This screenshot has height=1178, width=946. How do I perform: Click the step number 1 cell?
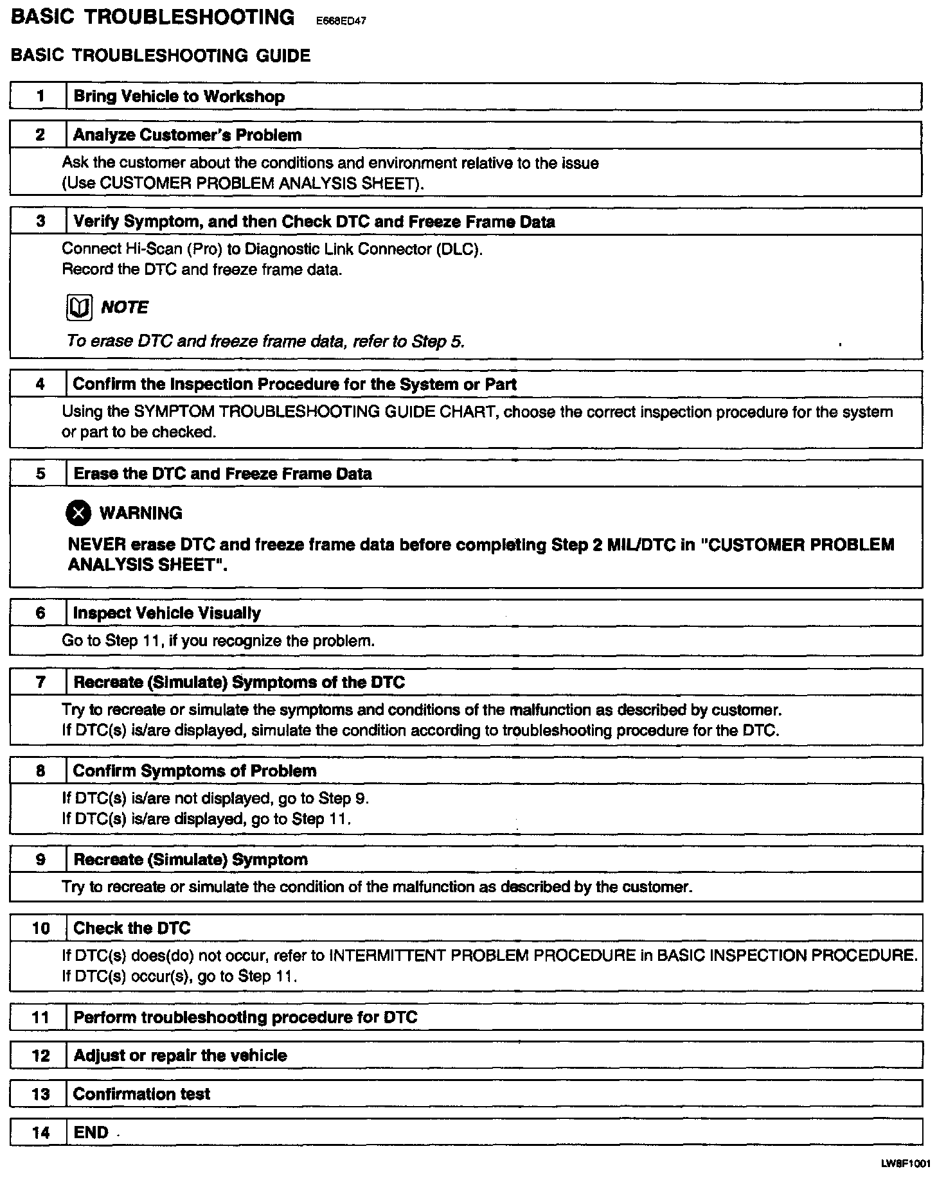(40, 97)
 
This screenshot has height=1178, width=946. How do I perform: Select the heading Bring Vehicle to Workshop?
(179, 97)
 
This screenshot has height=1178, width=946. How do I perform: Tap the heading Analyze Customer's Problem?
(187, 136)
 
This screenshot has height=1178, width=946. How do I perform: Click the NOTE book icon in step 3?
(78, 308)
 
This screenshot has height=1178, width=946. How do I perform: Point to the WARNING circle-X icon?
(79, 513)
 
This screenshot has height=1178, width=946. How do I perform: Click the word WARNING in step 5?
(141, 513)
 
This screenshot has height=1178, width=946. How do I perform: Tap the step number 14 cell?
(40, 1132)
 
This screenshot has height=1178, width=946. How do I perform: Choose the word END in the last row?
(91, 1132)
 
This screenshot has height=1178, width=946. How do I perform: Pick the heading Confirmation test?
(141, 1094)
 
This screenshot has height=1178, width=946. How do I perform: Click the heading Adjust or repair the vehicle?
(180, 1055)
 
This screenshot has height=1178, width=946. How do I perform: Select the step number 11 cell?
(40, 1017)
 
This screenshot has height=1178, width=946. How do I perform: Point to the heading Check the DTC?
(132, 928)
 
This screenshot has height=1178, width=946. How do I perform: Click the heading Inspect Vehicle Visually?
(167, 613)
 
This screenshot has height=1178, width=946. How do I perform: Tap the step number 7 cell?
(40, 682)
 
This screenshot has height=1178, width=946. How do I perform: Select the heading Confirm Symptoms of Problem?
(195, 771)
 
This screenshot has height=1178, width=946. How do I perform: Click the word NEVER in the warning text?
(96, 545)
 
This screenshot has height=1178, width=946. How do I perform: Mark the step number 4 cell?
(40, 385)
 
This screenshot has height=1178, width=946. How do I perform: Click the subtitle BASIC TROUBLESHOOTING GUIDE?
(161, 56)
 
